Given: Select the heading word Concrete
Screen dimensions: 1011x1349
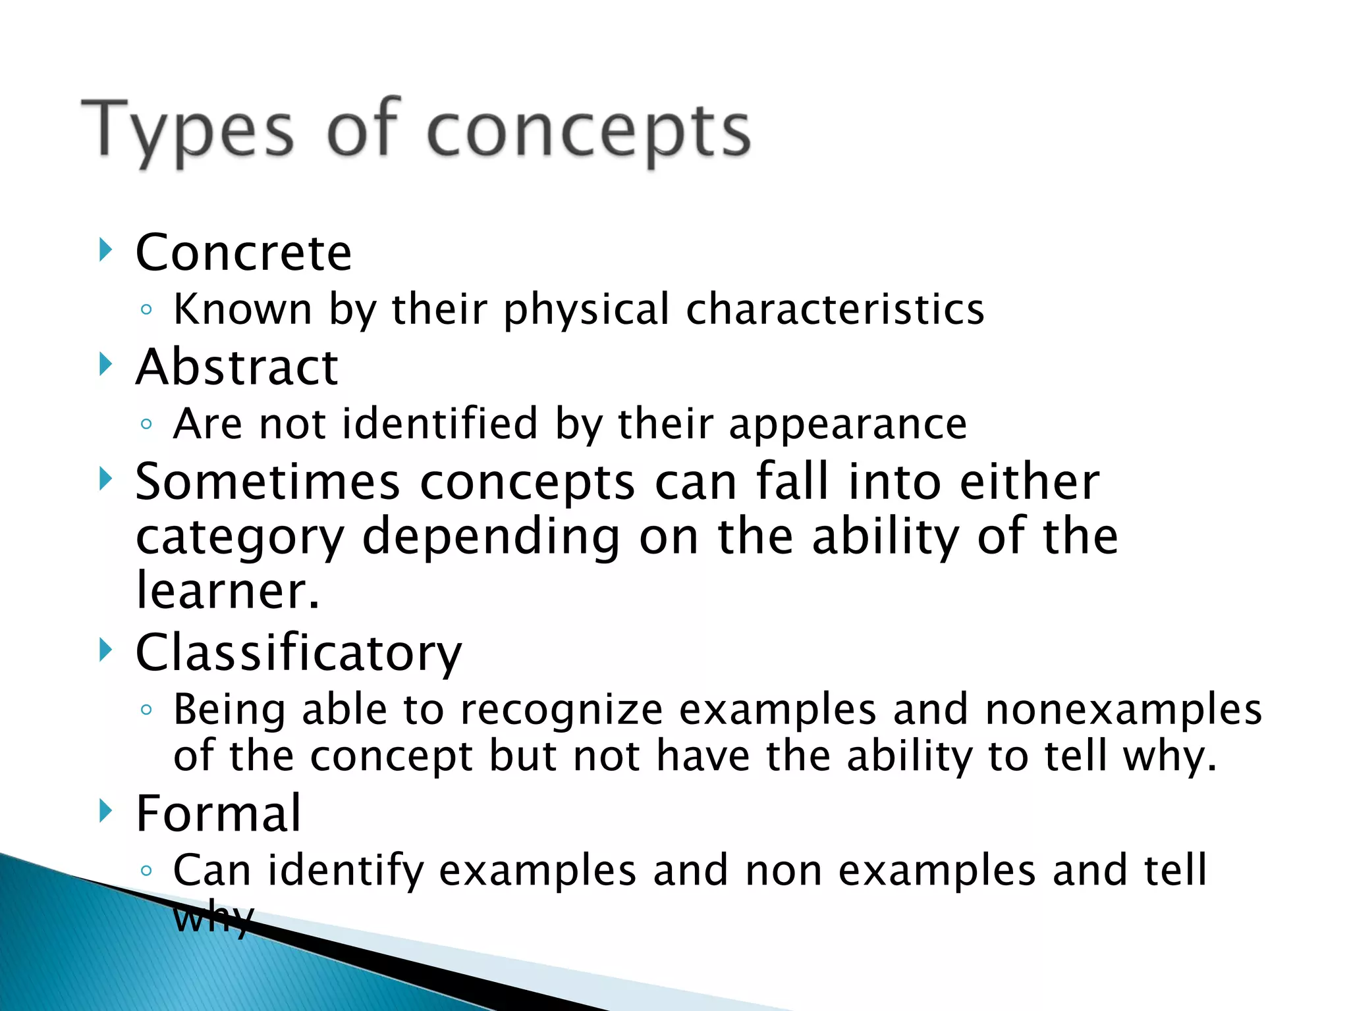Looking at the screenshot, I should tap(244, 253).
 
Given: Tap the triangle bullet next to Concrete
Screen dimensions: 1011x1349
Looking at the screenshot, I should tap(105, 249).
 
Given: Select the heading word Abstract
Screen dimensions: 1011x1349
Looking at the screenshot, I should tap(236, 367).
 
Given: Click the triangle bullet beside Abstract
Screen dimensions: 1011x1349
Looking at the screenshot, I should tap(105, 363).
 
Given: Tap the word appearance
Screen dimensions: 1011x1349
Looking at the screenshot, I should tap(848, 424).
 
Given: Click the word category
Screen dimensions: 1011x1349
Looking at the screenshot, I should tap(240, 538).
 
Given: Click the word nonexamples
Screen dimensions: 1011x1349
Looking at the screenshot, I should tap(1123, 710).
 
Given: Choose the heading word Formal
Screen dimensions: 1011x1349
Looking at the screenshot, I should tap(218, 814).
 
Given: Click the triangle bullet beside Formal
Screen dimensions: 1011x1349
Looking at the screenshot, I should tap(105, 810).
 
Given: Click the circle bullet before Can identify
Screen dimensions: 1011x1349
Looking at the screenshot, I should tap(146, 871).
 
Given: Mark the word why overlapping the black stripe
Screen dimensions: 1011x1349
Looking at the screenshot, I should tap(212, 918).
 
